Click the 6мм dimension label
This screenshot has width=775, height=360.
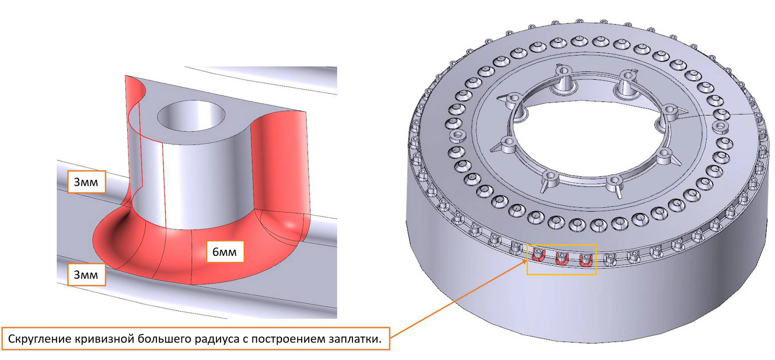(225, 252)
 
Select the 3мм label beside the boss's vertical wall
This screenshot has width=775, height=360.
(86, 182)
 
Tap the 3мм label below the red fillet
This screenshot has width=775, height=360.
(86, 274)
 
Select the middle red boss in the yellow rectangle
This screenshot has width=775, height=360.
(561, 259)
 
